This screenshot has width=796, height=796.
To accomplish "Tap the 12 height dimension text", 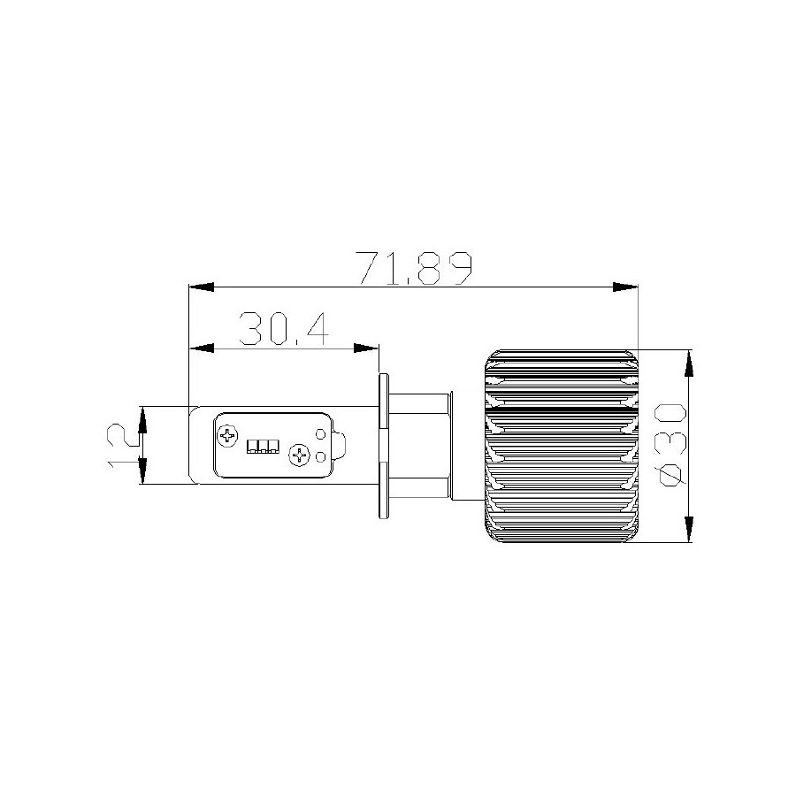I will pos(121,445).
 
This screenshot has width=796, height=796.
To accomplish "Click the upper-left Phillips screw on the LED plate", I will pos(228,434).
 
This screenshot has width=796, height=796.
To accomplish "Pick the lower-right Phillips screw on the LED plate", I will pos(299,455).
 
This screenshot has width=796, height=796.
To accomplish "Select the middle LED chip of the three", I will pos(263,445).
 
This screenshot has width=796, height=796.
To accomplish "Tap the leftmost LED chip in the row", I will pos(252,445).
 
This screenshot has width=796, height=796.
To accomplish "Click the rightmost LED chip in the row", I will pos(273,445).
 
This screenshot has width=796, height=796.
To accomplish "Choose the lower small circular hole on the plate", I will pos(320,456).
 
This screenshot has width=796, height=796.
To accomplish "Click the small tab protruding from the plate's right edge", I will pos(339,445).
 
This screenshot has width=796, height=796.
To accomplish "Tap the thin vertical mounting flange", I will pos(383,445).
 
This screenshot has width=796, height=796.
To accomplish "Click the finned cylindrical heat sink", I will pos(561,445).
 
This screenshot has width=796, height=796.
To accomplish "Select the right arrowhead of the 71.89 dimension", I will pos(625,287).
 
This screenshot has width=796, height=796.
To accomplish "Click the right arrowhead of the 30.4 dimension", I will pos(367,348).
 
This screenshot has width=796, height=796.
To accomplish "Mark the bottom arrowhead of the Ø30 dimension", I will pos(688,531).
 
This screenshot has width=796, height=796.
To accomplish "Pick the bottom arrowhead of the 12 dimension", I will pos(142,473).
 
